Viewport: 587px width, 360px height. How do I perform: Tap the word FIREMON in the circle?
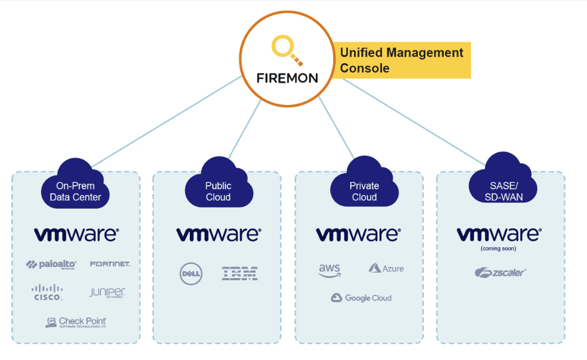[288, 78]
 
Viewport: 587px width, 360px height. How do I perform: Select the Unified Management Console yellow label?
[401, 60]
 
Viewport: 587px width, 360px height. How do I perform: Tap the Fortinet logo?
[110, 264]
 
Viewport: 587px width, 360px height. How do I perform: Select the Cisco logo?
[47, 292]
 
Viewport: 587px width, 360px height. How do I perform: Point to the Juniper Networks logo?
[107, 293]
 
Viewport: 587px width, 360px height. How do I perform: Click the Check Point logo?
[76, 322]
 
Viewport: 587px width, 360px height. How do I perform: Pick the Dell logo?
[191, 273]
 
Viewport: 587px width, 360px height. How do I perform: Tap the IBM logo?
[240, 273]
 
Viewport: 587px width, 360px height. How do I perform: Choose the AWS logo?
[329, 270]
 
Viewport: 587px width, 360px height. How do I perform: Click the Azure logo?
[386, 268]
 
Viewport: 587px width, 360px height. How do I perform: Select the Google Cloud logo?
[361, 298]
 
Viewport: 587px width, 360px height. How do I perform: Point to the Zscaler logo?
[500, 273]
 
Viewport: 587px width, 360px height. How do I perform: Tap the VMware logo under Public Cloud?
[218, 234]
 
